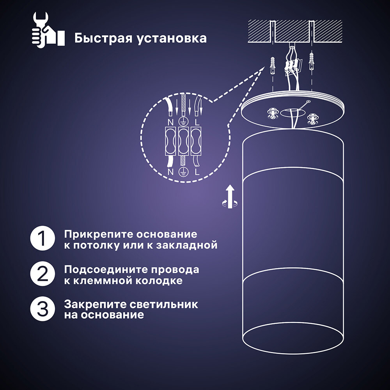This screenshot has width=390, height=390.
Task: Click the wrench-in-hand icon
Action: click(x=48, y=30)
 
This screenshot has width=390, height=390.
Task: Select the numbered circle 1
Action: click(x=43, y=238)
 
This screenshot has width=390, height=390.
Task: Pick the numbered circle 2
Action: click(x=43, y=274)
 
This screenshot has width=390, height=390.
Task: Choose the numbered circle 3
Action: click(x=43, y=309)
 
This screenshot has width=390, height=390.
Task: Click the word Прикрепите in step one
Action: click(x=98, y=234)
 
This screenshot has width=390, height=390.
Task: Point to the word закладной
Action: click(x=187, y=245)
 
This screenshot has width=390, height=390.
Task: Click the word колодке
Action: click(x=159, y=280)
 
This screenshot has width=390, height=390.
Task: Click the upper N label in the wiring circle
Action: click(x=171, y=122)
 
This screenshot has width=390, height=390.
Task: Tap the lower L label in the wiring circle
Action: click(x=197, y=172)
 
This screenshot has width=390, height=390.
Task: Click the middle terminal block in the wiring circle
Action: click(x=184, y=142)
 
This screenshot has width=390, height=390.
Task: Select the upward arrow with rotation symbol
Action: click(x=230, y=197)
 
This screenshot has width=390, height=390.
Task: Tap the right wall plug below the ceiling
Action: click(x=311, y=61)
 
